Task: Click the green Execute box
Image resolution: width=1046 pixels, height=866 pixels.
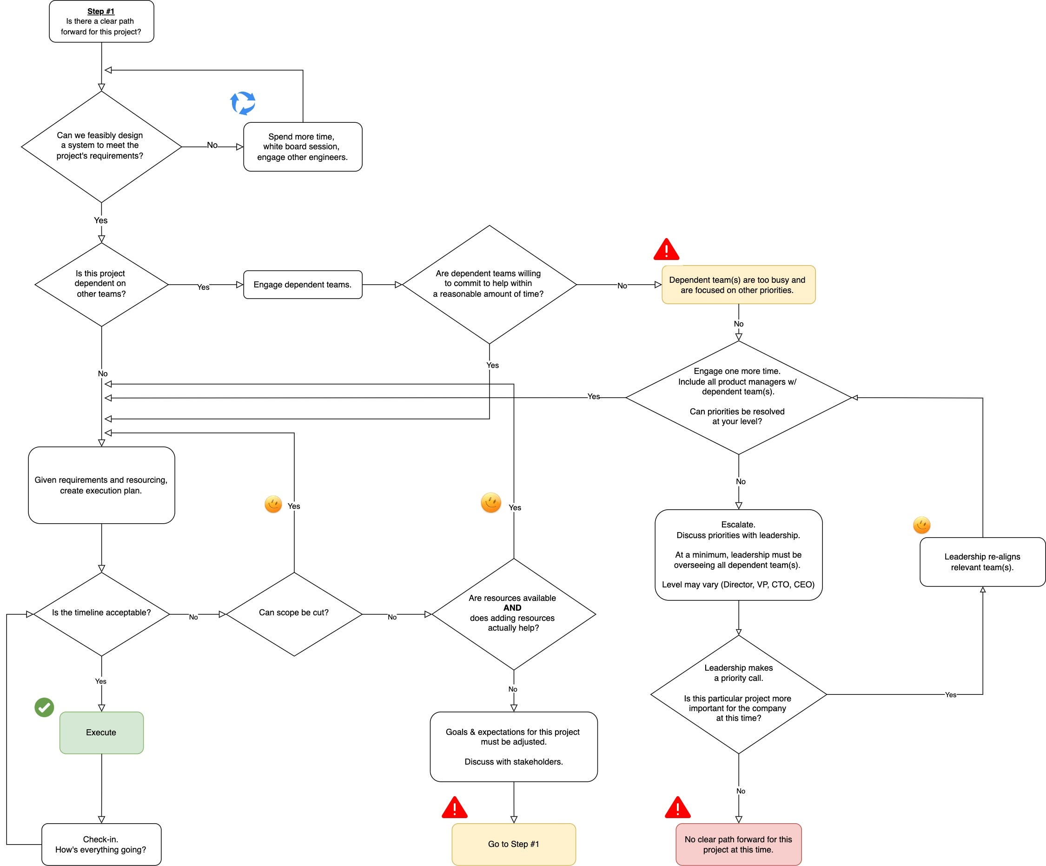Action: pos(102,733)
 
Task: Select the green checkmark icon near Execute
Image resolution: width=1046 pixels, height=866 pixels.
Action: pos(44,707)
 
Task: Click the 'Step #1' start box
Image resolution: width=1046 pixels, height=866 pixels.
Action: pos(102,21)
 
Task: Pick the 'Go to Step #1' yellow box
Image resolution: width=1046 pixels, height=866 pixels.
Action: pos(514,844)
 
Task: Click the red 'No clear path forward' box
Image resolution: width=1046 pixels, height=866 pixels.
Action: pos(739,844)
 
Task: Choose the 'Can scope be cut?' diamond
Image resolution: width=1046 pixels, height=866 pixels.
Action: pos(294,614)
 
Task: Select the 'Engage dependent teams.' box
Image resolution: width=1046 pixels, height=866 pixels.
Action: pos(303,285)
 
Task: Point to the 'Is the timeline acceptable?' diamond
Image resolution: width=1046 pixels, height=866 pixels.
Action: pos(102,614)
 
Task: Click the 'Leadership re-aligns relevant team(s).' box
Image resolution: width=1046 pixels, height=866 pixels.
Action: pos(982,562)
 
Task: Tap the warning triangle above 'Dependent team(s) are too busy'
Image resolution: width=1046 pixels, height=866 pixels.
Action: pos(667,249)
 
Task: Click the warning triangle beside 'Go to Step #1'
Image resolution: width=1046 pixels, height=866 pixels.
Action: pos(455,807)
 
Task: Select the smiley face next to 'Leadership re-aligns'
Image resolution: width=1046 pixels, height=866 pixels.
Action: pos(922,525)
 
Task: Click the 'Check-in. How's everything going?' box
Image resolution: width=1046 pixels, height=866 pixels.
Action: pos(102,844)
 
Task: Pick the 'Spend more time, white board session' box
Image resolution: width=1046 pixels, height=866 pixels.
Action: pos(303,147)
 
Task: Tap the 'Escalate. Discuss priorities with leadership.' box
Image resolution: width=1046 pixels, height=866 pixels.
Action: pos(739,554)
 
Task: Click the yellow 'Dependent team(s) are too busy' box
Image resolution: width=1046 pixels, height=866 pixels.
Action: pos(739,285)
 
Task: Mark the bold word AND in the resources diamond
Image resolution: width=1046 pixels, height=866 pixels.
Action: pos(512,608)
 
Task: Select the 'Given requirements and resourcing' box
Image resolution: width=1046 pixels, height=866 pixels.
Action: pos(102,485)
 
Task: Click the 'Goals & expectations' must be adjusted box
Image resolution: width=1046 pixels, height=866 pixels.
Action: pos(514,746)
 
